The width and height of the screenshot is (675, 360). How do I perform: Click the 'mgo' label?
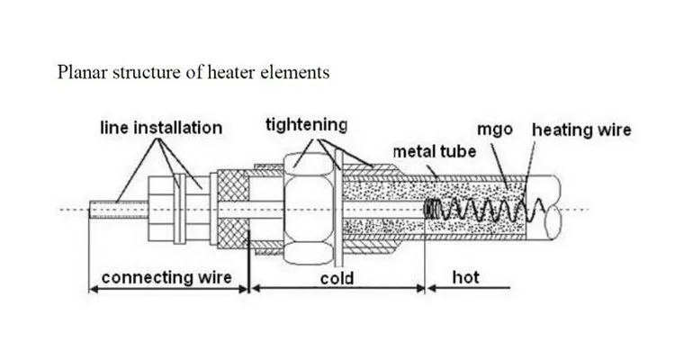point(496,130)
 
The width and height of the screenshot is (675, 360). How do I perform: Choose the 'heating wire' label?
point(582,130)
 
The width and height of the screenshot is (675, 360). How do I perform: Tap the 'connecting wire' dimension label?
point(167,277)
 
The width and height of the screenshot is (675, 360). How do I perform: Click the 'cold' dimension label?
point(337,278)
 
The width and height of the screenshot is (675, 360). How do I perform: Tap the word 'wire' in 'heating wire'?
point(614,130)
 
